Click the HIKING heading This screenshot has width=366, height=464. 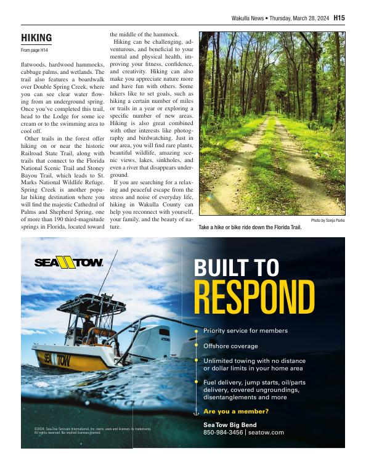coord(36,38)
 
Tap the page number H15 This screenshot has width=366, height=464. coord(339,18)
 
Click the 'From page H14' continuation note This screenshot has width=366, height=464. coord(34,49)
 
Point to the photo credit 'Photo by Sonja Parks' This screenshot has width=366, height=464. coord(328,220)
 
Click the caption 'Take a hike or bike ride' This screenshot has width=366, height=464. coord(250,227)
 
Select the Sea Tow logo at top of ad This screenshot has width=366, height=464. coord(68,263)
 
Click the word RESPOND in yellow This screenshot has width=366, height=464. coord(254,297)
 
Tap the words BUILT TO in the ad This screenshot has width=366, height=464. coord(236,267)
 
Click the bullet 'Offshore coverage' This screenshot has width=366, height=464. coord(230,346)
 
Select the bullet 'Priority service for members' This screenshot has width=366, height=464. coord(245,331)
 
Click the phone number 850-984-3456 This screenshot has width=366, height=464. coord(223,433)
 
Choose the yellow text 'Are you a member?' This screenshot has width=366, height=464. coord(236,411)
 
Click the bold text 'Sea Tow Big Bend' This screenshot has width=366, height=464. coord(230,425)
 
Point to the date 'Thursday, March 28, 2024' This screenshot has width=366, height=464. coord(299,18)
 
